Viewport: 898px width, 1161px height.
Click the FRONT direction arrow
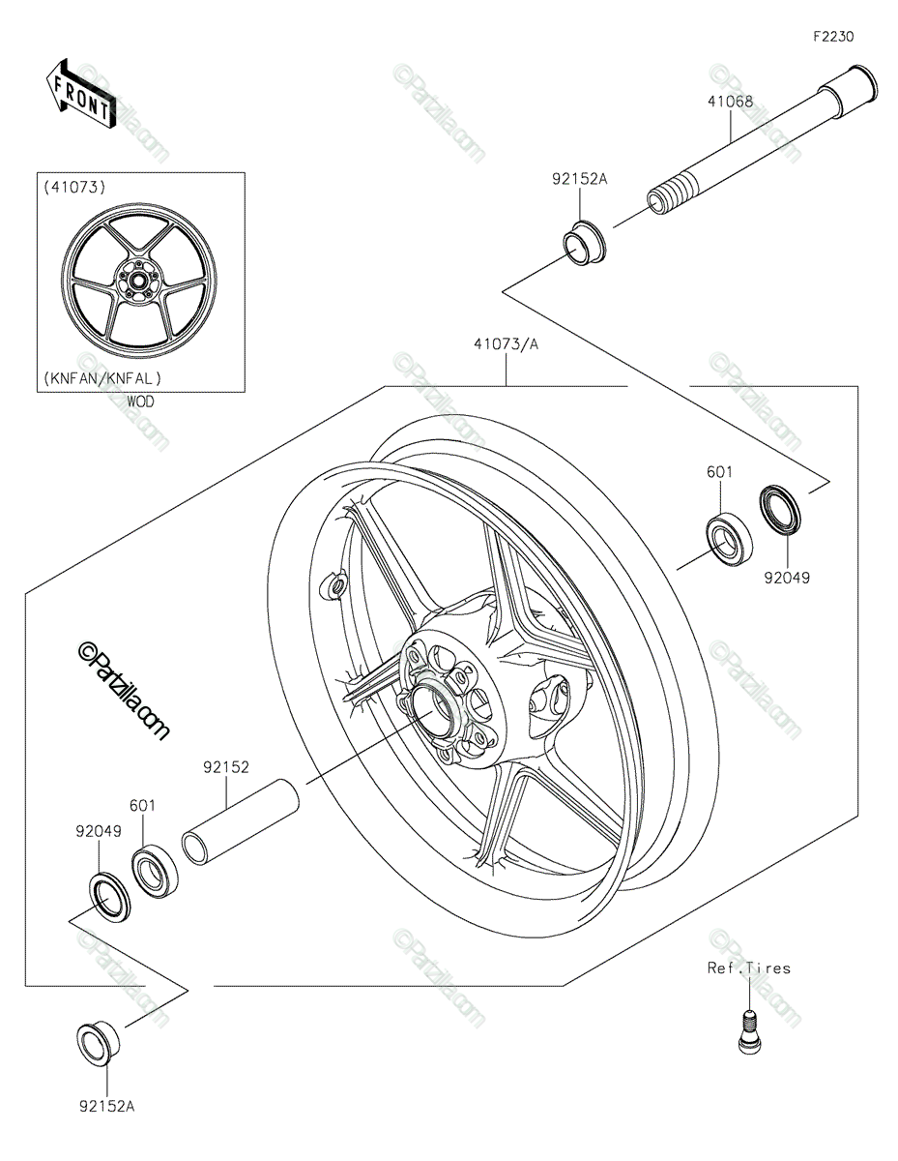tap(80, 94)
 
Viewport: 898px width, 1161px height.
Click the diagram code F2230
tap(833, 37)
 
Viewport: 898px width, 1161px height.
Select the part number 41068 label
tap(730, 102)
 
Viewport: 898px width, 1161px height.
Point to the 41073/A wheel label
tap(506, 344)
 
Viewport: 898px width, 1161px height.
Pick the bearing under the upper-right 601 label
tap(729, 539)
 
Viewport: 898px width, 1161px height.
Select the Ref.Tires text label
tap(748, 968)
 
